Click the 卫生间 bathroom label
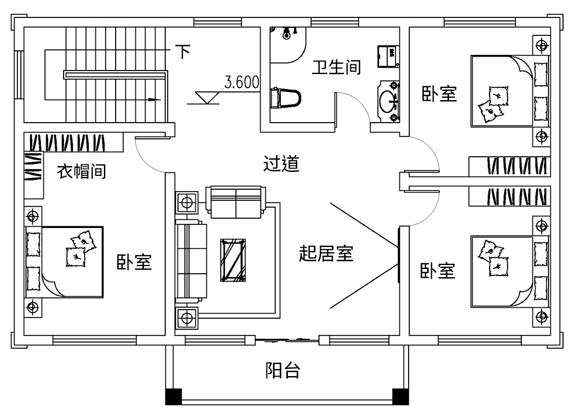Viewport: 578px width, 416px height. (336, 68)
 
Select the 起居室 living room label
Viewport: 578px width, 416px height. (326, 253)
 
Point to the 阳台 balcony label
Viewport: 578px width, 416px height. (283, 370)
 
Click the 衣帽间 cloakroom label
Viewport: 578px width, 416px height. (81, 171)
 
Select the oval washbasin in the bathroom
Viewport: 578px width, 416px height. (388, 101)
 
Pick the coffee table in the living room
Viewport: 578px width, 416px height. (234, 261)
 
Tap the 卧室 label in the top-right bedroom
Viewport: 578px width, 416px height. (439, 94)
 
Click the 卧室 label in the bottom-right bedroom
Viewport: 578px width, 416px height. (438, 270)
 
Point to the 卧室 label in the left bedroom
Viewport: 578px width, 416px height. (134, 262)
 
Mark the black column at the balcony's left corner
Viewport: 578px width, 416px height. (173, 396)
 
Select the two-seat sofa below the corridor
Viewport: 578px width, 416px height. (235, 203)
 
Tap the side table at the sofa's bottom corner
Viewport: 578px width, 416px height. (187, 318)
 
